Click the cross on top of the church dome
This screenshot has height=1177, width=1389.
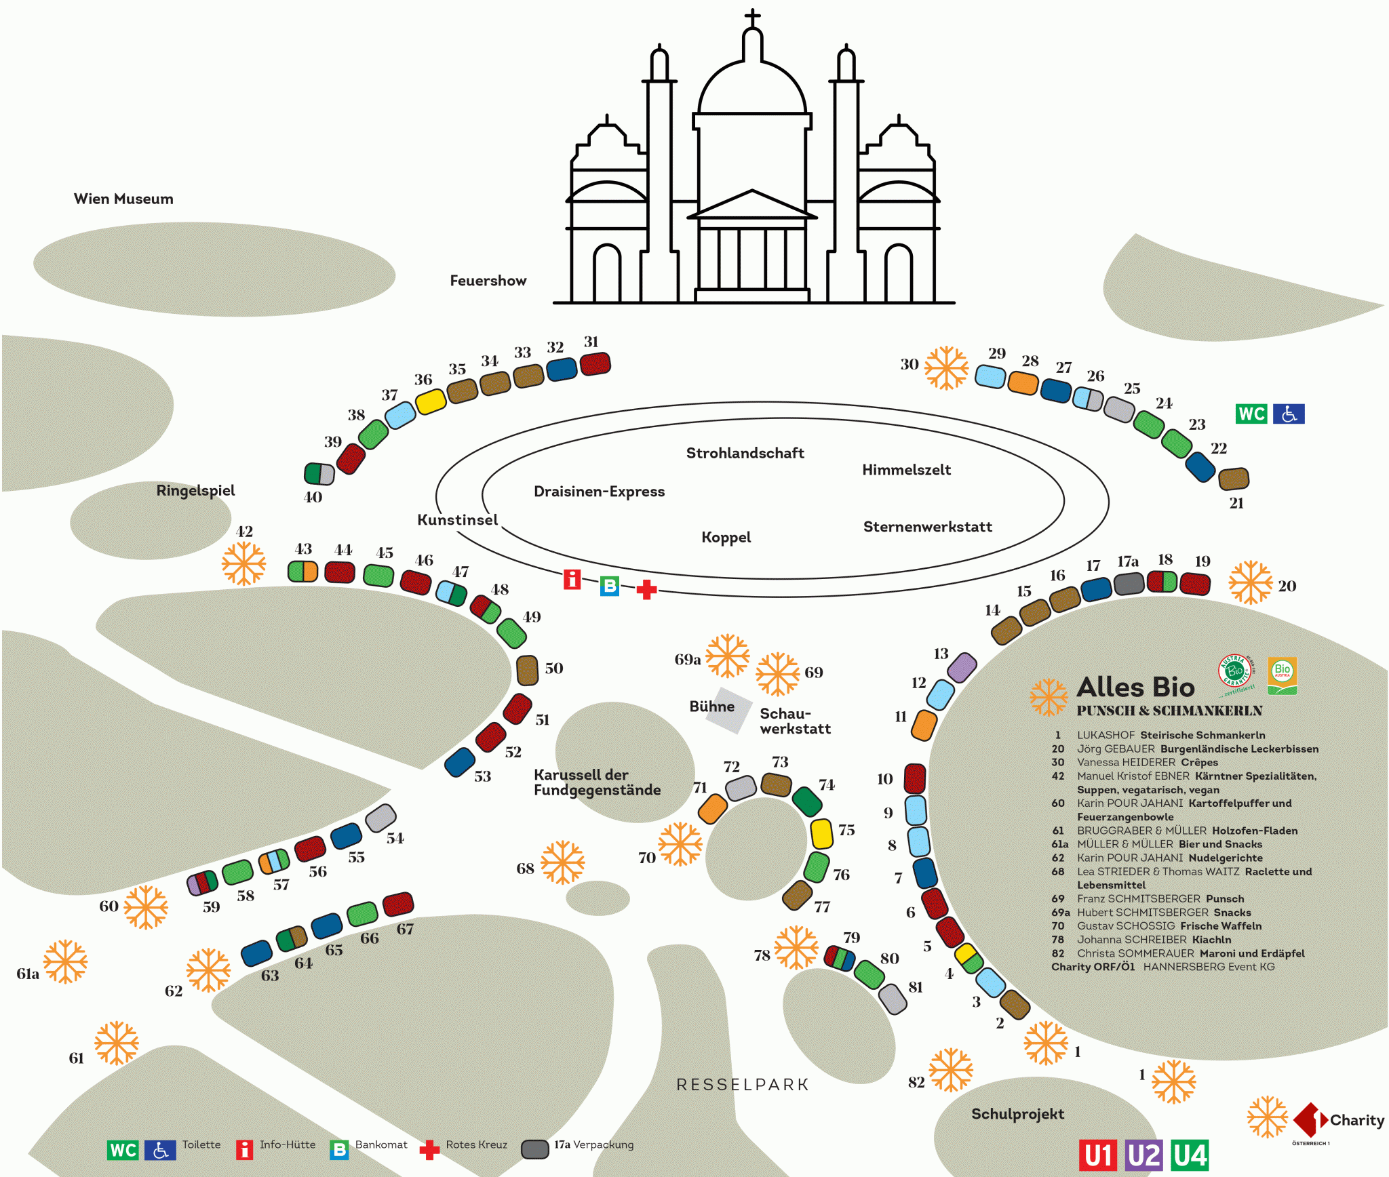click(x=752, y=18)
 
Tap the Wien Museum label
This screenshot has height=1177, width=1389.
click(x=123, y=199)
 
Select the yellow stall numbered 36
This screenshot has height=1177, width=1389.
click(x=431, y=401)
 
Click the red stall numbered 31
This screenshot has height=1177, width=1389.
click(x=595, y=364)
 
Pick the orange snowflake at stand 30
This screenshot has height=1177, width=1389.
click(x=947, y=368)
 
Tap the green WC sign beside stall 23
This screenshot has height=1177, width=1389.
click(x=1251, y=414)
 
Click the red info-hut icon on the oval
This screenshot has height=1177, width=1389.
click(x=572, y=580)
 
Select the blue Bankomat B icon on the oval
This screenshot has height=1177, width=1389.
click(x=610, y=586)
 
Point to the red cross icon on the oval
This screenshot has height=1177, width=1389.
click(x=647, y=590)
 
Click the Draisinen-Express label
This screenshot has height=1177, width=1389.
click(x=599, y=492)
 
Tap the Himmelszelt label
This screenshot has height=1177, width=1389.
click(x=906, y=470)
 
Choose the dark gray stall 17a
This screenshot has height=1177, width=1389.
click(x=1129, y=583)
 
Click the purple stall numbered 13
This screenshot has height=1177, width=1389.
click(x=962, y=667)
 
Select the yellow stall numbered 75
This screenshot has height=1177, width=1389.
click(x=822, y=833)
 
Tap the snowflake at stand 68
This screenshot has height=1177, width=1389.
click(x=562, y=862)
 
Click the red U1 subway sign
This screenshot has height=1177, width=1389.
click(x=1098, y=1155)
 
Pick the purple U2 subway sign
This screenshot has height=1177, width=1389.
click(x=1143, y=1155)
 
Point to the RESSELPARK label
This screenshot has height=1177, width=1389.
click(x=743, y=1085)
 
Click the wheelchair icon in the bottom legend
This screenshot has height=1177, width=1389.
click(x=161, y=1151)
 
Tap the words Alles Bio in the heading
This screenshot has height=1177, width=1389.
click(x=1135, y=687)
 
